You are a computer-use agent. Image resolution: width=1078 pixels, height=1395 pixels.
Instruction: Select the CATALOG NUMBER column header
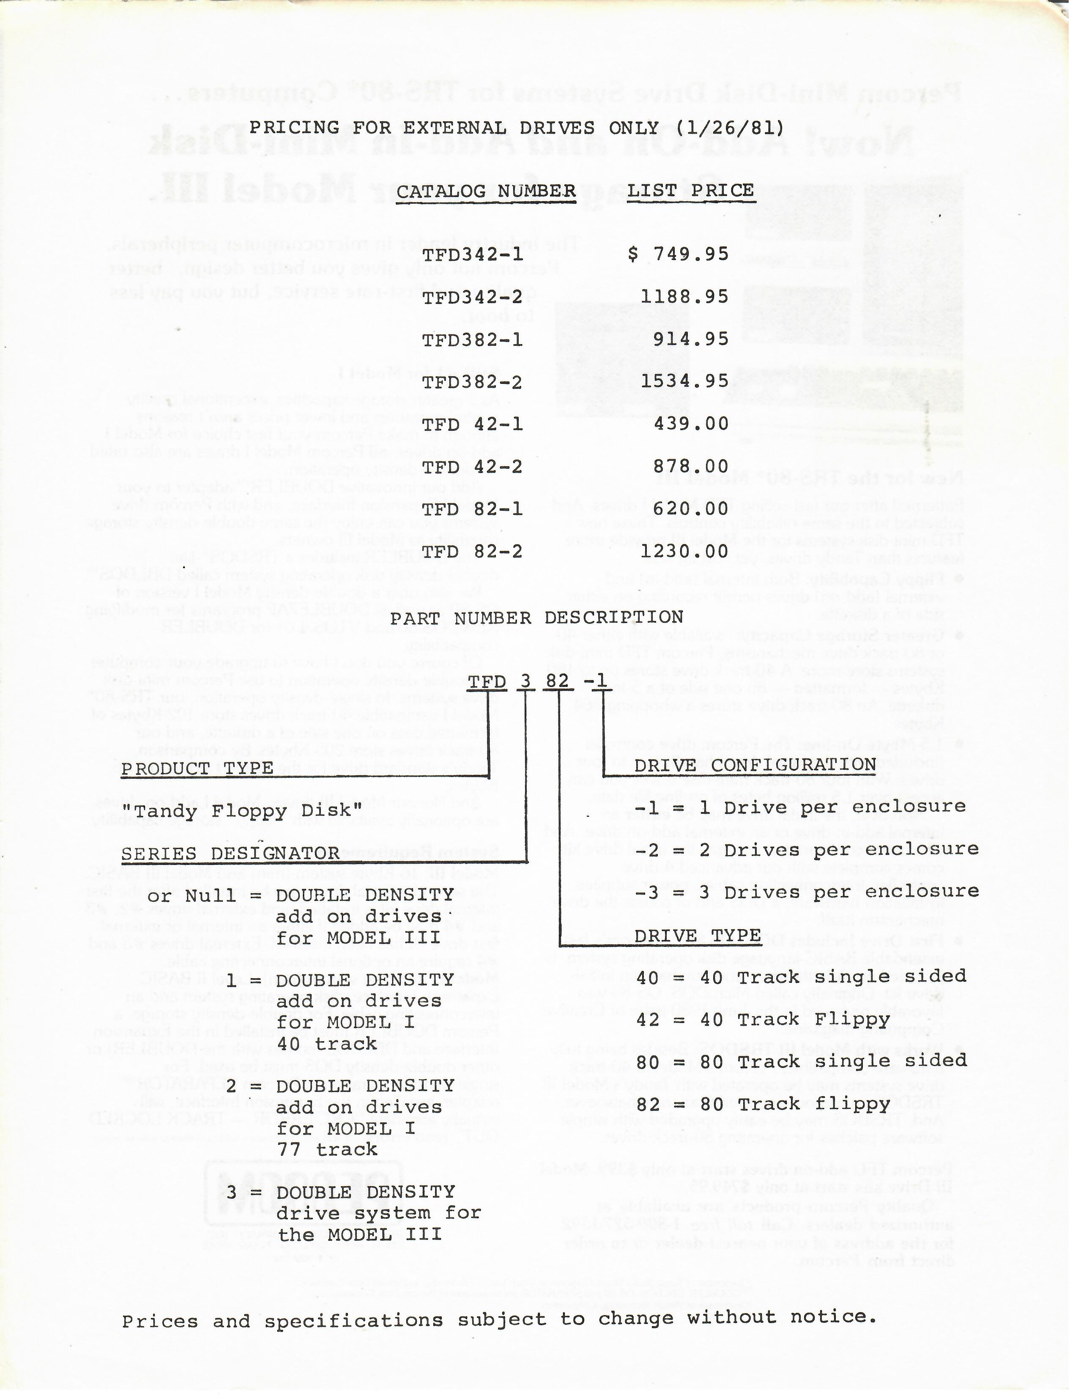486,191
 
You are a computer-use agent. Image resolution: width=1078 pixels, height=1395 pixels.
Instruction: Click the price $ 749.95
678,254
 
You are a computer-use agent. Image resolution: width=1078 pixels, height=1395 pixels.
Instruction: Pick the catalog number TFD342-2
473,297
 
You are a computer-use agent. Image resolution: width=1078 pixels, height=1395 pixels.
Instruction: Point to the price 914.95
690,339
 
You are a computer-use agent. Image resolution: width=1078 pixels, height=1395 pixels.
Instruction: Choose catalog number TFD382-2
473,382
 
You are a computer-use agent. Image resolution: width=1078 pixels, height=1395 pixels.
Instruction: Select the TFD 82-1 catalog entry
473,509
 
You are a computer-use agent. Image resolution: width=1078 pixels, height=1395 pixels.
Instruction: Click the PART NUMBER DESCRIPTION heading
536,618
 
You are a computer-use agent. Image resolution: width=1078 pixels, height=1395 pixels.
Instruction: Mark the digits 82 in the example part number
557,681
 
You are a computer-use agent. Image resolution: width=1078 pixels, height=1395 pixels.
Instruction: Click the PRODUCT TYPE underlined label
197,769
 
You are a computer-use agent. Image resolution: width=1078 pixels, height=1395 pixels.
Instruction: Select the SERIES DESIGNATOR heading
230,854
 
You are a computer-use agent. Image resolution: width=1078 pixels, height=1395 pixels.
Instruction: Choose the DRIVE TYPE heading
698,936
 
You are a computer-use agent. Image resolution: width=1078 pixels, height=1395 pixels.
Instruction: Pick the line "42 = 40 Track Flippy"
763,1020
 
